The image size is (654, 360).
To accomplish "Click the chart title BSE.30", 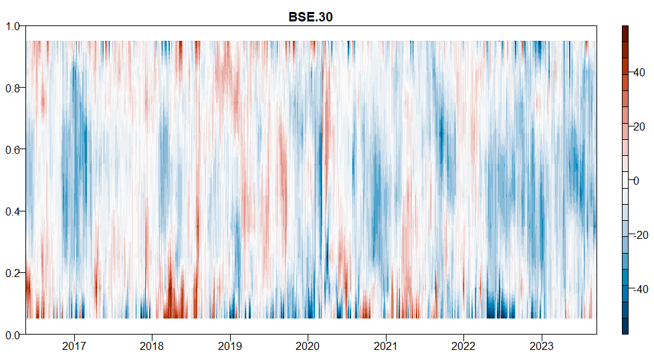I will click(x=310, y=17).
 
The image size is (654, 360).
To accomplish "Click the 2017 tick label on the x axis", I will click(x=74, y=347).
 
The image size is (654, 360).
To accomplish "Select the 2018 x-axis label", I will click(x=152, y=347).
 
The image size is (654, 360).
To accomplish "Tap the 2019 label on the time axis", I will click(x=229, y=347).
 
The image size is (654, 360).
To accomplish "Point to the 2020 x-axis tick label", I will click(x=308, y=347).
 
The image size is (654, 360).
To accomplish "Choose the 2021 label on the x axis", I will click(x=385, y=347).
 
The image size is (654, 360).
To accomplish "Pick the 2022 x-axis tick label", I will click(x=463, y=347).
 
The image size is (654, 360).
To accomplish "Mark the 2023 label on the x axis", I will click(x=541, y=347).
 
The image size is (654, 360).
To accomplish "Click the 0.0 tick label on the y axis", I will click(x=15, y=335).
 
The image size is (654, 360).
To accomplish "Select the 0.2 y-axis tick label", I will click(x=15, y=273).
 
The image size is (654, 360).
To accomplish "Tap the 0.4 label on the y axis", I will click(x=15, y=211).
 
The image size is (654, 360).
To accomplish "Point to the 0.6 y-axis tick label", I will click(x=15, y=149).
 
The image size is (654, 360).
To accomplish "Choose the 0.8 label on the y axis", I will click(x=15, y=88).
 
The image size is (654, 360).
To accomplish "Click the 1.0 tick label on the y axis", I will click(x=15, y=26).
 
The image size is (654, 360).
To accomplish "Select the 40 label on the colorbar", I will click(x=639, y=72).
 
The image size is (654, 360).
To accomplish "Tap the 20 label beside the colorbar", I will click(x=639, y=126).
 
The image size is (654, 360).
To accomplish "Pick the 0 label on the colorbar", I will click(x=637, y=181).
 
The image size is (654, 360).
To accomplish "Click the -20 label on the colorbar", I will click(x=640, y=235).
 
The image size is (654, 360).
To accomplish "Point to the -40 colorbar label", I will click(x=640, y=289).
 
